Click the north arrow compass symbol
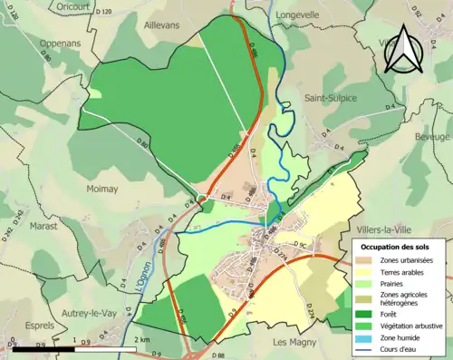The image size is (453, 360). (x=404, y=51)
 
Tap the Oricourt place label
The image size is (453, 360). (x=72, y=6)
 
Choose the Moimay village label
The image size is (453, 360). (x=105, y=166)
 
